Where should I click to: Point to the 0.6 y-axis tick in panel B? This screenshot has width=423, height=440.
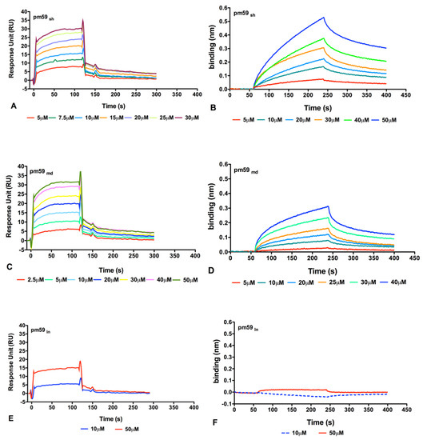237,6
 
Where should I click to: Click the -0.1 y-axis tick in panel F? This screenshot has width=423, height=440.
234,405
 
